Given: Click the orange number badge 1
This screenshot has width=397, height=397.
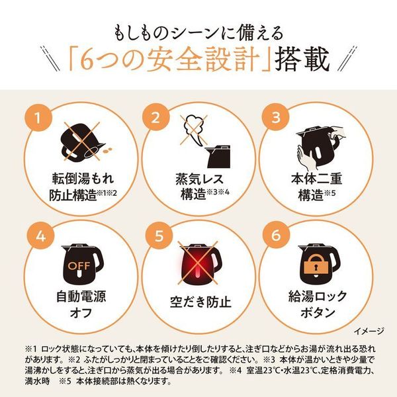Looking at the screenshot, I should pos(42,119).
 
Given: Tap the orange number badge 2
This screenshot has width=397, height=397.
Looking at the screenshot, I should pos(156,119).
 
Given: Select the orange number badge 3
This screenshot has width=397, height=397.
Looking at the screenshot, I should pos(272,119).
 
